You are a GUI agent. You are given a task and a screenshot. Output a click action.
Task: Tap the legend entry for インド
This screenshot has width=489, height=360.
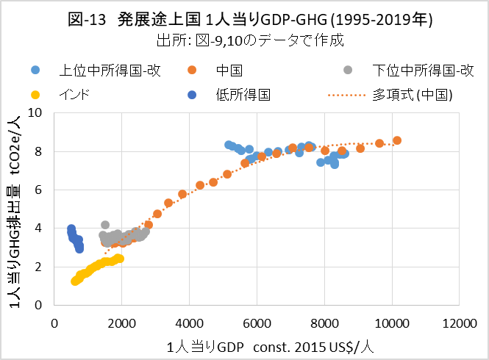pos(74,95)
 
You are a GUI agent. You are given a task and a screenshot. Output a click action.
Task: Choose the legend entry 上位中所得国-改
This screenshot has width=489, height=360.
pos(110,71)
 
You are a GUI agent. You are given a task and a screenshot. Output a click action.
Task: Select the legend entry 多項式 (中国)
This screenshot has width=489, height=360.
pos(412,95)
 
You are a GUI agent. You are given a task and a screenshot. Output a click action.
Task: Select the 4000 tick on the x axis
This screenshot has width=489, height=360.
pos(190,323)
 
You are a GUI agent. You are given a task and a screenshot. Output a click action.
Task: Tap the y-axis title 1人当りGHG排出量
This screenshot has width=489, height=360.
pos(15,209)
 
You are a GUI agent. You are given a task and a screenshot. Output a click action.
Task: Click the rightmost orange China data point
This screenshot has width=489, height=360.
pos(397,140)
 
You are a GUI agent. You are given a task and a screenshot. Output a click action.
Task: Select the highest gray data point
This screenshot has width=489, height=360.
pos(105,225)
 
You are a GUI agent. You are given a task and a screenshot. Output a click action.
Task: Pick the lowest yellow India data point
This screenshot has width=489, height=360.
pos(74,281)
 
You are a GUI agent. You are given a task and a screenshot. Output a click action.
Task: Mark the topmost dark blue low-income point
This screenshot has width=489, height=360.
pos(71,228)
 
